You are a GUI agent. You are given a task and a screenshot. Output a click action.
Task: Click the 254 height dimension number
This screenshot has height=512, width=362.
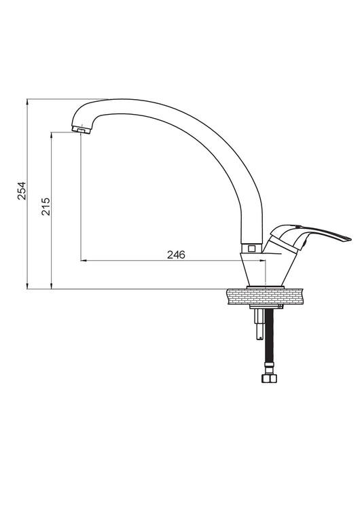(22, 191)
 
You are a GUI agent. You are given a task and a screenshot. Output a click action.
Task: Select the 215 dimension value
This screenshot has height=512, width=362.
(46, 206)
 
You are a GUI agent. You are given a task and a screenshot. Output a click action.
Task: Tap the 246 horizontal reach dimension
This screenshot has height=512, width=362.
(176, 255)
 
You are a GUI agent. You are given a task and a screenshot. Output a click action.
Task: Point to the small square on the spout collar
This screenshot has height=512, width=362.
(251, 248)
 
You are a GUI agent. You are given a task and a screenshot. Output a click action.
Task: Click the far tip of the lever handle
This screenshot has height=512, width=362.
(350, 239)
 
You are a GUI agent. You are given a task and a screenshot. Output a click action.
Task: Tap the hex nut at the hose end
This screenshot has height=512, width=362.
(270, 378)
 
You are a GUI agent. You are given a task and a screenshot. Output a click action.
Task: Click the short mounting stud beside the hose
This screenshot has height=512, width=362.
(259, 324)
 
